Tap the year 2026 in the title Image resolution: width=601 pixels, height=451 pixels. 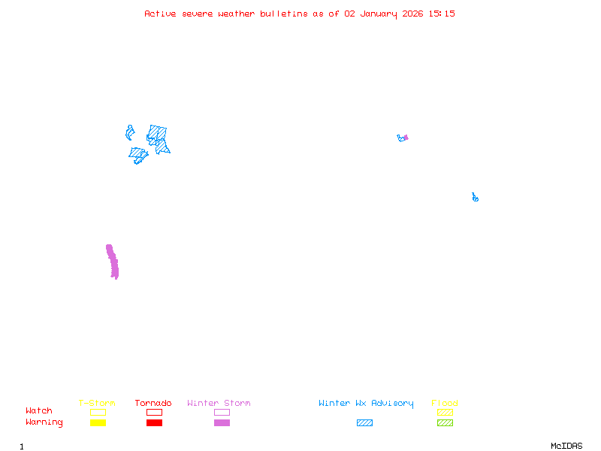click(x=413, y=14)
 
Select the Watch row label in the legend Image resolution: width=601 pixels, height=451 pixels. click(x=39, y=411)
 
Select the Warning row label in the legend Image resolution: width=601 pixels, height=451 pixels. click(x=44, y=422)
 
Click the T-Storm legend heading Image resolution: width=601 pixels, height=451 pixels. click(x=97, y=404)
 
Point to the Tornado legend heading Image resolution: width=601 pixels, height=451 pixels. click(x=153, y=404)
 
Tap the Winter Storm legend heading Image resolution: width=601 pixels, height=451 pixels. click(x=219, y=404)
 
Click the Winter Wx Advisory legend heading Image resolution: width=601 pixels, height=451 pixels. click(x=366, y=404)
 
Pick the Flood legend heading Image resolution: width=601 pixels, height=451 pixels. click(x=445, y=404)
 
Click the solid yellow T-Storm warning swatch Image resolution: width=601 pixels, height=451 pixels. click(x=98, y=423)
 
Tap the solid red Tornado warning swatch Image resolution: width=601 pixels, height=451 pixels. click(x=154, y=423)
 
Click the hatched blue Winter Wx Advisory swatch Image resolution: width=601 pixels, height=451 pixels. click(x=364, y=423)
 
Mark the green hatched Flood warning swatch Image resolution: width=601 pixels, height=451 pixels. click(x=445, y=423)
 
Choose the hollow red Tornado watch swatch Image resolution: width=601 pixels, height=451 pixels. click(x=154, y=412)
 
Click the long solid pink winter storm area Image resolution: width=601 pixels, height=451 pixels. click(x=113, y=262)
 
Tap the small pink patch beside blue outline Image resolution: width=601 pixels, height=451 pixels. click(x=406, y=138)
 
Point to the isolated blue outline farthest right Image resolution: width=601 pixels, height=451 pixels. click(x=475, y=198)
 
